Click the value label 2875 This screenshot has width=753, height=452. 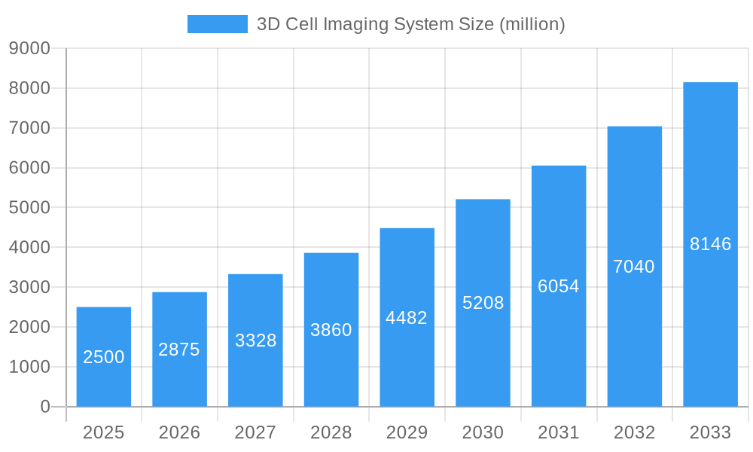[x=179, y=350]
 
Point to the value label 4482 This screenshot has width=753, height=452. [x=407, y=318]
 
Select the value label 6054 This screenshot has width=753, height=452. [x=559, y=286]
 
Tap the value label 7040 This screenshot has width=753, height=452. [x=634, y=267]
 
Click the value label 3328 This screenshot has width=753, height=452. [x=255, y=341]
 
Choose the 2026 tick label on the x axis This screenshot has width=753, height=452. [x=179, y=432]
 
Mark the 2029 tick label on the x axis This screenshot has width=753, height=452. [x=407, y=432]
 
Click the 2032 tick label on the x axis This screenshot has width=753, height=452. [x=634, y=432]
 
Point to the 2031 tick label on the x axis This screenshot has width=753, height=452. [x=559, y=432]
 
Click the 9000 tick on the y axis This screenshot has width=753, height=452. [x=29, y=49]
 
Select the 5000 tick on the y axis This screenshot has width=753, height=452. [x=29, y=208]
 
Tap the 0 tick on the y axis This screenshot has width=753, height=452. [x=44, y=407]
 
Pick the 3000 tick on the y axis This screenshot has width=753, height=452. [x=29, y=288]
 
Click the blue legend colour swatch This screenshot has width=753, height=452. [x=217, y=24]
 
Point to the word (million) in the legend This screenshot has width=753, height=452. [x=532, y=25]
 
